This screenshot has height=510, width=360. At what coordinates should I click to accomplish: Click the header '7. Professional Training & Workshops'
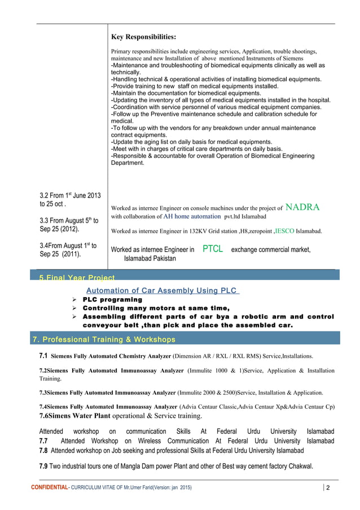point(103,339)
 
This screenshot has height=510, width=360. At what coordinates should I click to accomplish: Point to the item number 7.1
point(43,357)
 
